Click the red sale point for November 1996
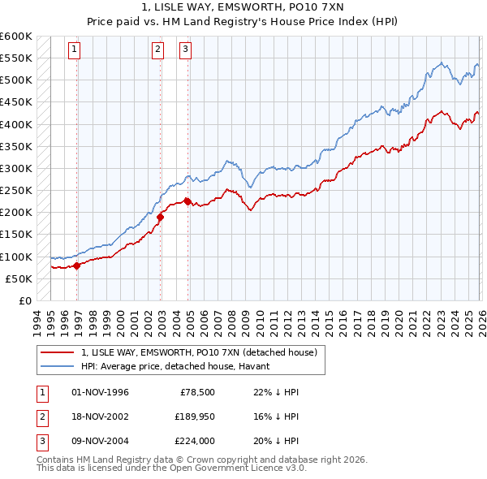[77, 265]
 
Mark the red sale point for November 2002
[161, 217]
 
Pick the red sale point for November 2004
[187, 201]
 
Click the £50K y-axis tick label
[19, 278]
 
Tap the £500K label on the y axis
[16, 80]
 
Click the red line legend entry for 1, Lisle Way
[203, 352]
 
